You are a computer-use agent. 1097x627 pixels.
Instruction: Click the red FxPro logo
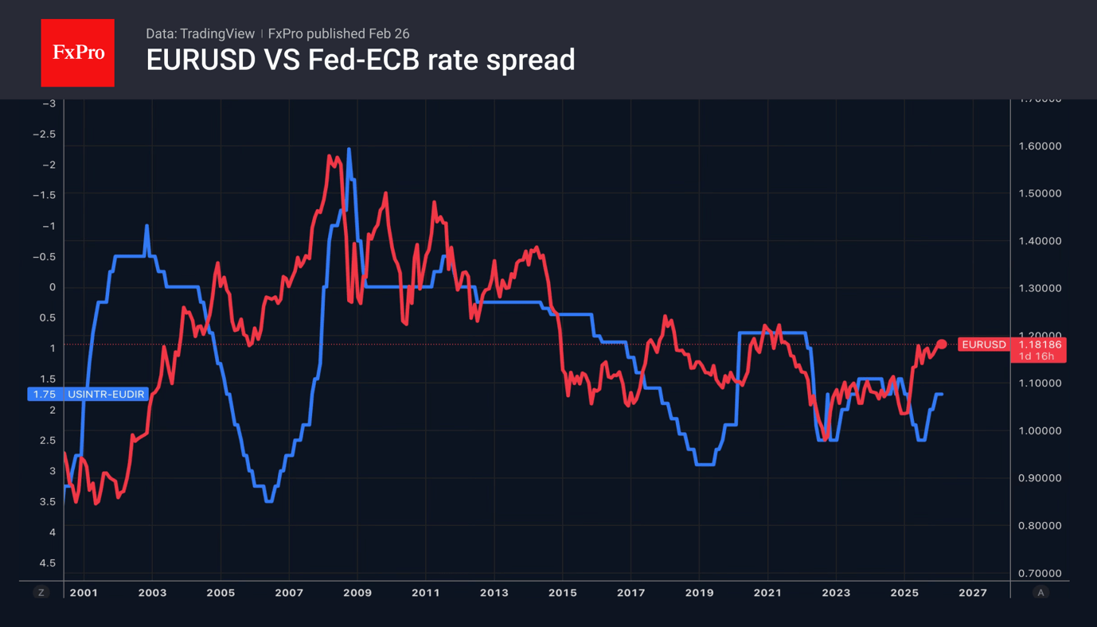coord(77,53)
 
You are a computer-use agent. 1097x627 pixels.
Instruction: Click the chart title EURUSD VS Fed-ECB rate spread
coord(360,60)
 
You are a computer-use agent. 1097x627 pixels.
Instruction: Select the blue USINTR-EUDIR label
coord(106,394)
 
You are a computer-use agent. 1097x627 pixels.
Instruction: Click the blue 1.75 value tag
coord(44,394)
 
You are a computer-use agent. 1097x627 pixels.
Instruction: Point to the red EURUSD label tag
coord(984,345)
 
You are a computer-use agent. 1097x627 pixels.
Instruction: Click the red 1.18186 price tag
coord(1038,345)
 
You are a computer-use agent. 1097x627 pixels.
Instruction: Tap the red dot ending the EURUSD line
coord(942,345)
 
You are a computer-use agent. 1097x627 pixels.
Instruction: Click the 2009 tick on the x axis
coord(357,593)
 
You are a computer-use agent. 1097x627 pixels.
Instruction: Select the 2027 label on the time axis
coord(972,593)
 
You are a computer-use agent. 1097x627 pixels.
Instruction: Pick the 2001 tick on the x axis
coord(84,593)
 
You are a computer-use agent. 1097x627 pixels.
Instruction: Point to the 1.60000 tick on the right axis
coord(1040,146)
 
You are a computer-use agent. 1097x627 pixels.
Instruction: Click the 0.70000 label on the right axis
coord(1040,573)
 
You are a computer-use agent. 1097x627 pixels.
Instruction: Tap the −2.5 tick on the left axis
coord(44,134)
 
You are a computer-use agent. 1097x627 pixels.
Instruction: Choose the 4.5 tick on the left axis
coord(48,563)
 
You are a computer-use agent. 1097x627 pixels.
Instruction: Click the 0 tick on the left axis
coord(53,287)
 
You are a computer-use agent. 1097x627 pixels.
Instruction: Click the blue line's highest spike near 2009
coord(349,150)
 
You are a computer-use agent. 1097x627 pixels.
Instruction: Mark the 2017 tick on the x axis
coord(630,593)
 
